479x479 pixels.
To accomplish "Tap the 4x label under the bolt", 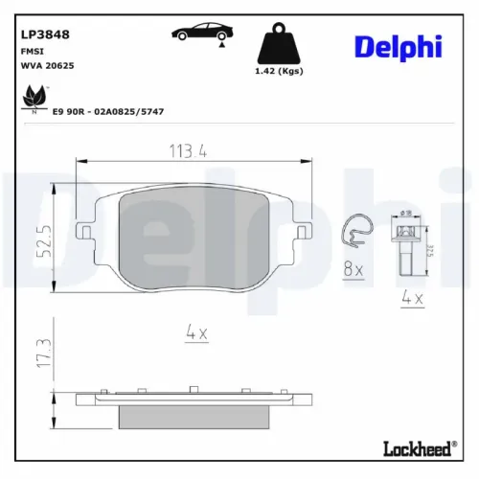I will [412, 299].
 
